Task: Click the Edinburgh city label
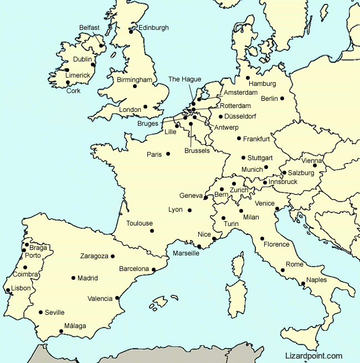click(153, 28)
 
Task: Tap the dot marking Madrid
click(73, 278)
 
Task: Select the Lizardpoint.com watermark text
click(314, 356)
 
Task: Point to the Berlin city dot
click(282, 99)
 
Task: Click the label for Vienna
click(312, 161)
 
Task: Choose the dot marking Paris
click(168, 154)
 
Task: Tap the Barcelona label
click(134, 269)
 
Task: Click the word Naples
click(316, 280)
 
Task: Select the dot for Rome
click(283, 270)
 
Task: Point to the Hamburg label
click(263, 84)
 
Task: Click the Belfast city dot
click(101, 45)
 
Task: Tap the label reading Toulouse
click(140, 223)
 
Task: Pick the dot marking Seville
click(40, 312)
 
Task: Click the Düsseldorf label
click(241, 116)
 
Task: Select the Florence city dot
click(262, 239)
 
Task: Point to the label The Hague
click(185, 79)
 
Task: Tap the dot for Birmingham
click(135, 86)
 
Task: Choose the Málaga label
click(75, 326)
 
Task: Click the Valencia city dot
click(117, 298)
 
